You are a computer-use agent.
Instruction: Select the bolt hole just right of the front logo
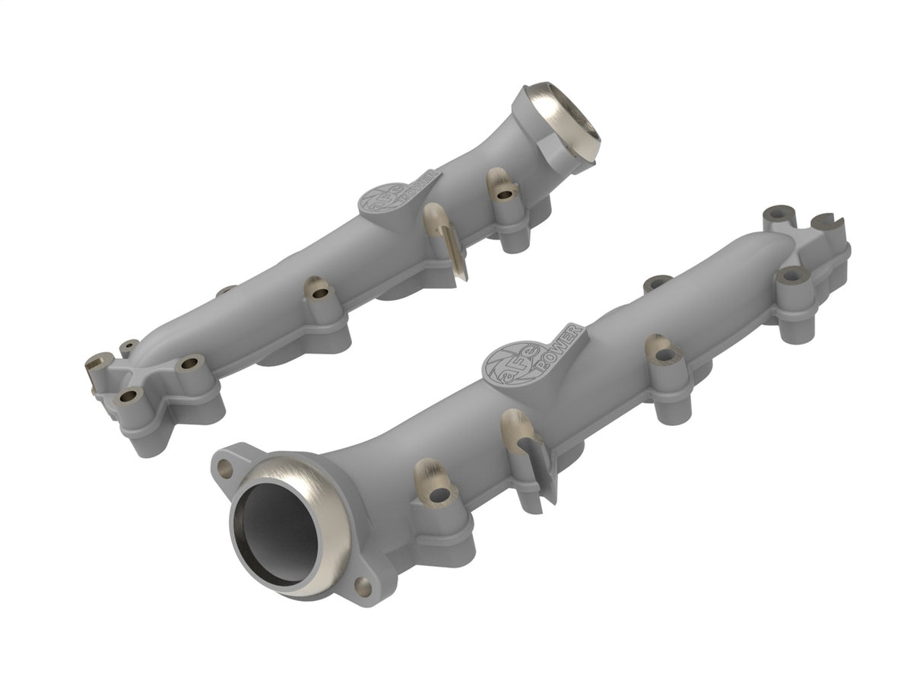point(666,354)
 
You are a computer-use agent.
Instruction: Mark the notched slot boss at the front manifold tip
point(828,222)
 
